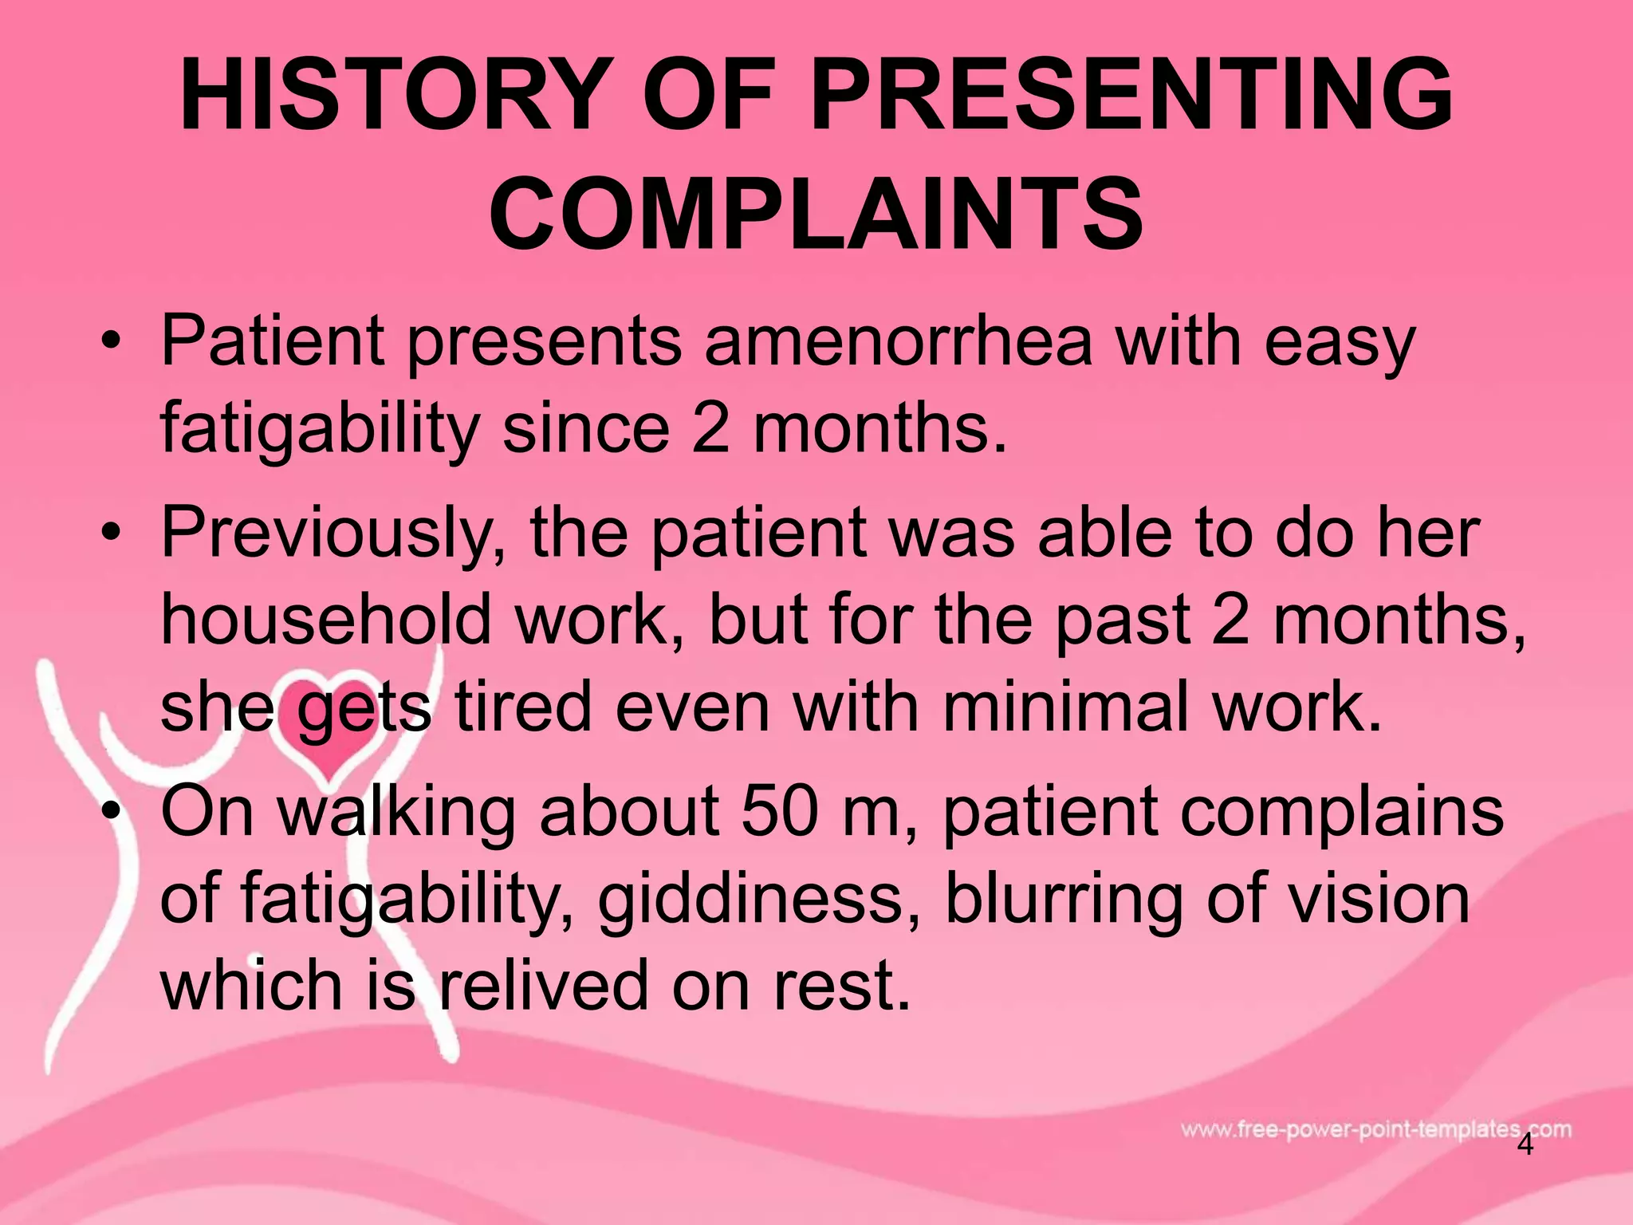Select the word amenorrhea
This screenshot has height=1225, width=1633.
[x=898, y=341]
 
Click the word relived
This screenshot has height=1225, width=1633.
[x=544, y=985]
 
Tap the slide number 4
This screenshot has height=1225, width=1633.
[x=1525, y=1144]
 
